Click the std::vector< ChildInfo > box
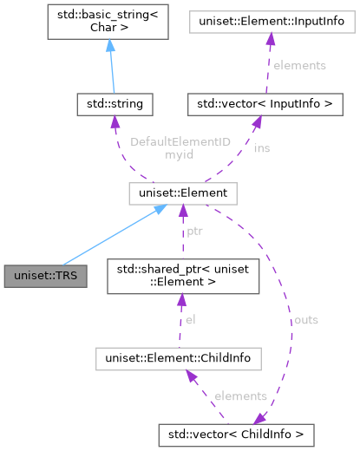(x=236, y=430)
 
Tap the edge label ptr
(x=195, y=232)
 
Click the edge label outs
(x=305, y=320)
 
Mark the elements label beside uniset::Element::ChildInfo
(x=239, y=395)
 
